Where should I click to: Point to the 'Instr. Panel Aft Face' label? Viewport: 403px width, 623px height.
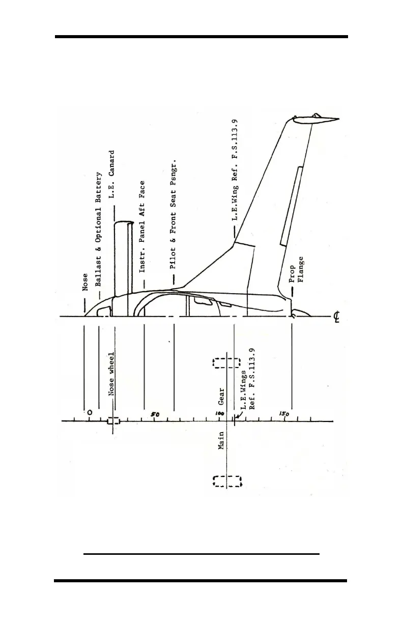tap(143, 226)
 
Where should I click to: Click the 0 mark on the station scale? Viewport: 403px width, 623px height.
tap(90, 412)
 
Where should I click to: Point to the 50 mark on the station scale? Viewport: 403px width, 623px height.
tap(156, 414)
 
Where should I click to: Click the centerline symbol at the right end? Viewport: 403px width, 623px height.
tap(337, 318)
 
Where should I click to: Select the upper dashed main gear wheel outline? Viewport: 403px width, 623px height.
tap(226, 363)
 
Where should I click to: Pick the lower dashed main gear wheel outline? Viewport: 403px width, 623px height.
tap(226, 481)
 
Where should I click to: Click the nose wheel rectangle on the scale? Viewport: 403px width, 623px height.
tap(113, 421)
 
